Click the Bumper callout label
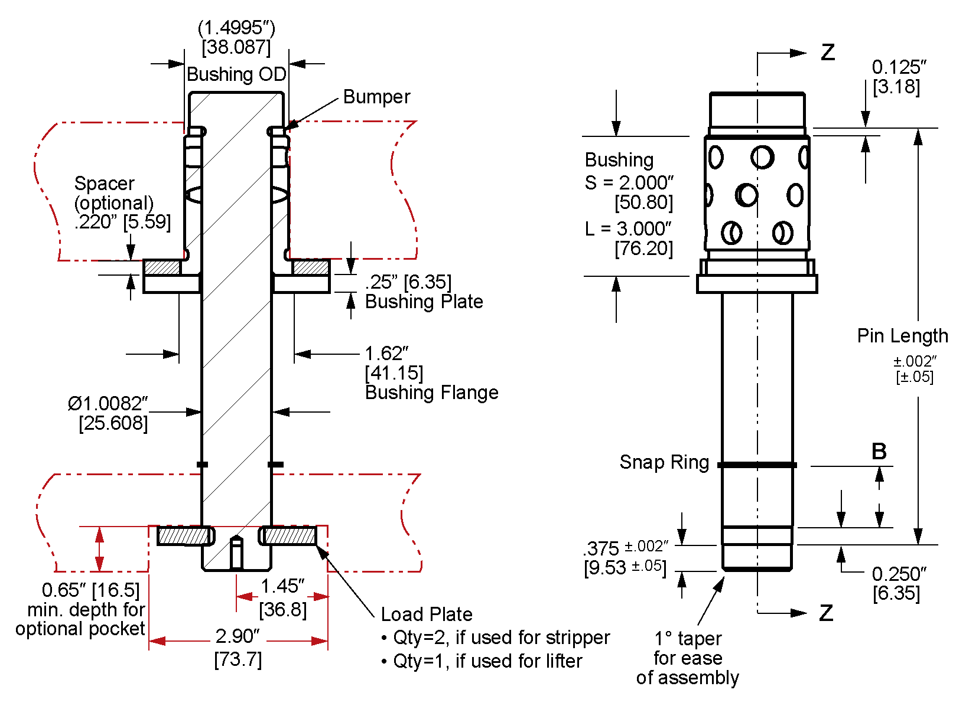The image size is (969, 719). (376, 97)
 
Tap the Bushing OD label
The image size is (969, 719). (236, 74)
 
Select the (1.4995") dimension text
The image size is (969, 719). (236, 28)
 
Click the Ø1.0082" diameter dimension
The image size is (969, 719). (108, 404)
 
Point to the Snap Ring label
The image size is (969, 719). (664, 462)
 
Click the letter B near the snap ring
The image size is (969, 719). (879, 452)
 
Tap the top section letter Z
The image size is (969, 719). (828, 53)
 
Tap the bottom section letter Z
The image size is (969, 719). (826, 613)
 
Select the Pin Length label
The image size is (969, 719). (902, 336)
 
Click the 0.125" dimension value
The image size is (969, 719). (899, 67)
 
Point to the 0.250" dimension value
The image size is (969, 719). (899, 574)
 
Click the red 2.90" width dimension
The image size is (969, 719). (237, 636)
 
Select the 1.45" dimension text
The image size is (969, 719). (282, 586)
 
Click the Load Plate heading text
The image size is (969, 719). (426, 615)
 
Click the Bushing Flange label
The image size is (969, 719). (431, 393)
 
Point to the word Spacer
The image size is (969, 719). (104, 184)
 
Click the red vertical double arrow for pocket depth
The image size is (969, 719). (100, 549)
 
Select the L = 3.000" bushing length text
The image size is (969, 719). (628, 229)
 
